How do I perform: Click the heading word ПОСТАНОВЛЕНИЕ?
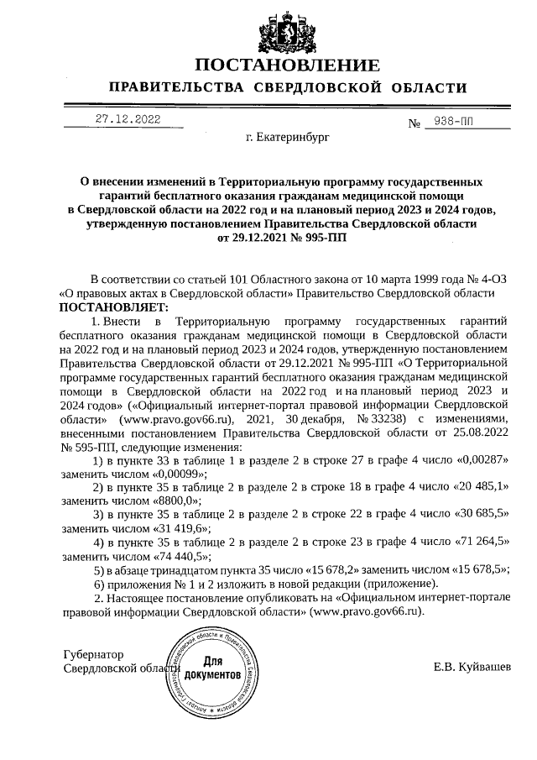(288, 66)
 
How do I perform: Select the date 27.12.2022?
(127, 118)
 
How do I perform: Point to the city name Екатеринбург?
(288, 135)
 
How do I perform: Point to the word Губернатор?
(93, 654)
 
